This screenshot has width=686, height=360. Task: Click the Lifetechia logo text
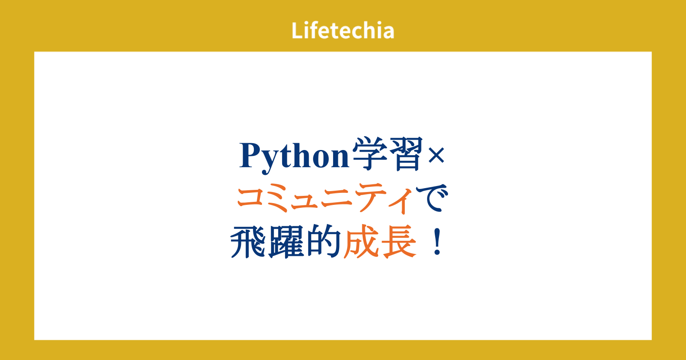(343, 30)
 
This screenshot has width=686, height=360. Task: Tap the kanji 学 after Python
(370, 154)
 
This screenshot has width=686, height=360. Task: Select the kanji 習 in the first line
(406, 154)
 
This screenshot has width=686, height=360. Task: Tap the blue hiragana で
(432, 198)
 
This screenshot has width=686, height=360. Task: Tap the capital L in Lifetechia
(297, 30)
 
